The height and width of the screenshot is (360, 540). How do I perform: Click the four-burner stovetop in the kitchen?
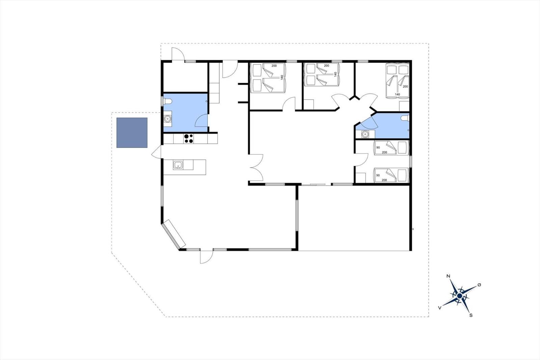click(188, 139)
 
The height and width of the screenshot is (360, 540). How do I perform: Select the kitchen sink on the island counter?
click(178, 165)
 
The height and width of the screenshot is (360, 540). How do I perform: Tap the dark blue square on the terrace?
click(132, 133)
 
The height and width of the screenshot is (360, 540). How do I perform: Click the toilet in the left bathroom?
click(167, 101)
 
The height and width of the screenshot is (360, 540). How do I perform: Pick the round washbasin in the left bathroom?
click(167, 119)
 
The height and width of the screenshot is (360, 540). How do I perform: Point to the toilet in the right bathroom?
click(405, 118)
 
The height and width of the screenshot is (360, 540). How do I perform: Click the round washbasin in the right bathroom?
click(365, 134)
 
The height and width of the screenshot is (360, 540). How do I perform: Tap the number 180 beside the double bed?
click(282, 77)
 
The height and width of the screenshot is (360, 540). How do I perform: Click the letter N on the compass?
click(449, 276)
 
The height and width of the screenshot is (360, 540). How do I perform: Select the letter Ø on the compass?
click(479, 285)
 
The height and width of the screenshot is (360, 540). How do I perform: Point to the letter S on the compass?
click(471, 315)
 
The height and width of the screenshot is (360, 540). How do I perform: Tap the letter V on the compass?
click(440, 308)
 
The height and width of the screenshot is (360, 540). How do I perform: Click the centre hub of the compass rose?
click(459, 296)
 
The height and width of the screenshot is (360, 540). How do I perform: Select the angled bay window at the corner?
click(173, 234)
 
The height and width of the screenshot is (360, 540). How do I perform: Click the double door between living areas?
click(256, 168)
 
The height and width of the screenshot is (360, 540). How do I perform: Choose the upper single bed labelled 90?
click(391, 148)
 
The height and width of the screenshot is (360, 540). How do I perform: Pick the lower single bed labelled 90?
click(391, 175)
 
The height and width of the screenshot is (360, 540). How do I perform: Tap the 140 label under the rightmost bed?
click(397, 94)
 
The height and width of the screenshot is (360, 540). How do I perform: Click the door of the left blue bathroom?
click(201, 121)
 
